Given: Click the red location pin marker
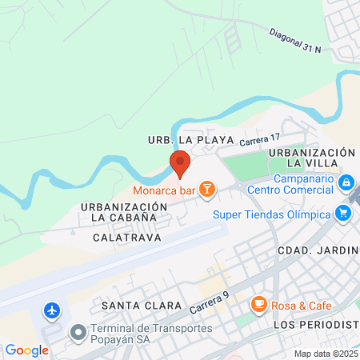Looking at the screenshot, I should [x=180, y=163].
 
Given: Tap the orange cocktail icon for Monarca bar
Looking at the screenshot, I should [x=207, y=189].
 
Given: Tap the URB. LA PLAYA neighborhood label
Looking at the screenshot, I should [x=190, y=139].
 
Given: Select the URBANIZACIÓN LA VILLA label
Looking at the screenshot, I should [x=311, y=158].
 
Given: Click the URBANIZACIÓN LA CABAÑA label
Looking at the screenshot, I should [x=123, y=212].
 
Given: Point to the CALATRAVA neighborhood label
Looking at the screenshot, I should [x=126, y=238].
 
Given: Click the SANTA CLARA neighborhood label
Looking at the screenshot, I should [x=132, y=306].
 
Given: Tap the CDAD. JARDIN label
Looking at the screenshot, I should [x=317, y=251].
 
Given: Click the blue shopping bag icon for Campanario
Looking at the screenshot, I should [x=345, y=184].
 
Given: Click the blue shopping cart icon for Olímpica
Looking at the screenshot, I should [x=344, y=214].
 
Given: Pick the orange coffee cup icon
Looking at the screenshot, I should [x=258, y=305].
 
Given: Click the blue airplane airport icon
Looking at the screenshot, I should [x=53, y=310].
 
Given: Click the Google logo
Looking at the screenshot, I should [x=26, y=350].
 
